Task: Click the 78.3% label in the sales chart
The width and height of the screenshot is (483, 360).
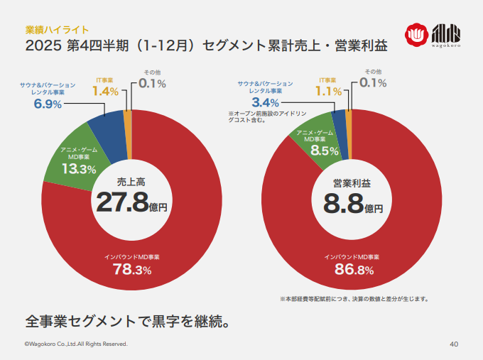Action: pos(132,269)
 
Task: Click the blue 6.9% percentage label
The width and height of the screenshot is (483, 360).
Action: pos(48,104)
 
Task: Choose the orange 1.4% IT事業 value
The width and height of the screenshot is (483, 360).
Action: pos(105,92)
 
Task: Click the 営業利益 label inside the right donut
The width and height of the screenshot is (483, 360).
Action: pos(352,182)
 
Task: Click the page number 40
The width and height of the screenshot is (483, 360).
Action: pos(455,344)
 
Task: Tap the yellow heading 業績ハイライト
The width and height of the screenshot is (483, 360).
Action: pos(57,29)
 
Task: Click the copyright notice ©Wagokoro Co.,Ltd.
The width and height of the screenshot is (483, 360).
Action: pos(76,344)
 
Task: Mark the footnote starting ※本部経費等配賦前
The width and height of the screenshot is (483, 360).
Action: pos(353,299)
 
